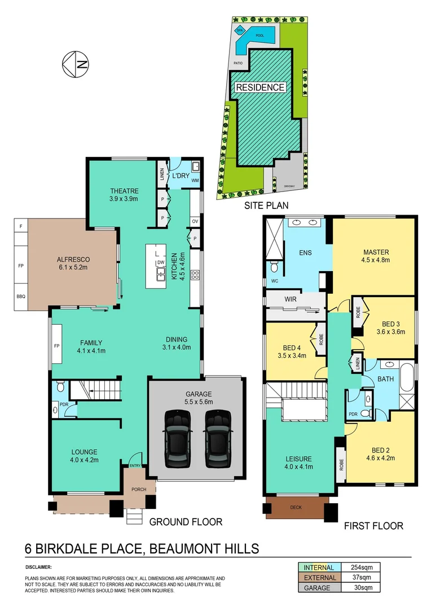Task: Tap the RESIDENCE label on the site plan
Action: pos(260,88)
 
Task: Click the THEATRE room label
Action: pos(124,191)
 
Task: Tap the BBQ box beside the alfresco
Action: pos(21,296)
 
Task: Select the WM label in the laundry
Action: pos(195,181)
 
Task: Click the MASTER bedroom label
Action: pos(376,252)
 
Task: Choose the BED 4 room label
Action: pos(292,348)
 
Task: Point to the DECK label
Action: pos(296,507)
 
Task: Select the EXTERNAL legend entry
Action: pos(320,577)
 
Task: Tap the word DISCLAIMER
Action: pos(39,566)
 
